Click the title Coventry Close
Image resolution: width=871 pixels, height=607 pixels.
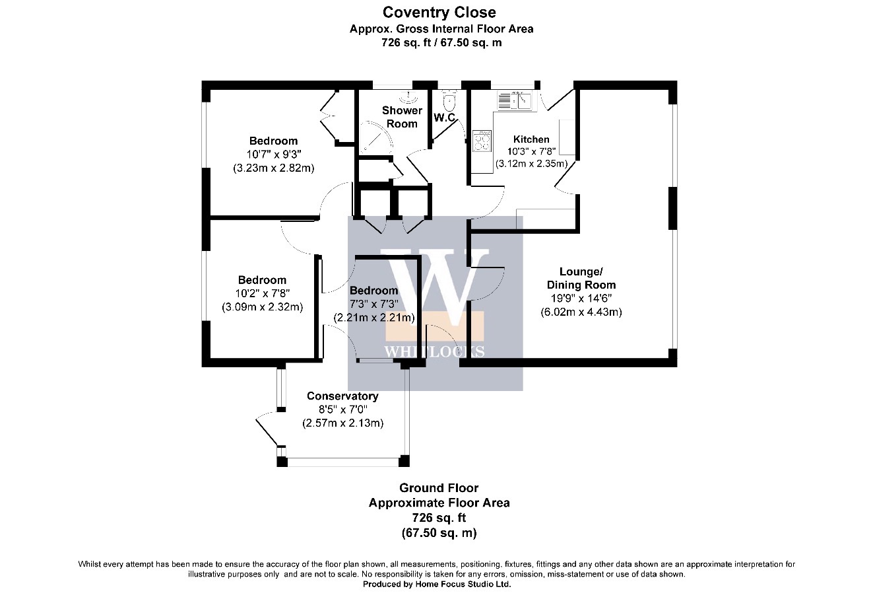tap(439, 13)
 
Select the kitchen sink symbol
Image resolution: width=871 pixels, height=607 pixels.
tap(515, 101)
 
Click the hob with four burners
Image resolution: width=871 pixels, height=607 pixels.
tap(482, 141)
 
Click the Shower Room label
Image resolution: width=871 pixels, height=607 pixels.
tap(402, 117)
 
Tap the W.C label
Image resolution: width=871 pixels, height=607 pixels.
tap(445, 118)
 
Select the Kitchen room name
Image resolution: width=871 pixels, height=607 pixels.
tap(531, 139)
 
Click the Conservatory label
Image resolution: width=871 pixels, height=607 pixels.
tap(342, 396)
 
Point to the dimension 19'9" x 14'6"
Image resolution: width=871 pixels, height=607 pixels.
tap(581, 299)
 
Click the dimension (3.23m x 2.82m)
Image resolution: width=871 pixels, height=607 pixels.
tap(274, 168)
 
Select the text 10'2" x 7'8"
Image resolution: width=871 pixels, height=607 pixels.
tap(262, 293)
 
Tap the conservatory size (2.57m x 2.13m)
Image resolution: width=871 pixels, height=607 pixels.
tap(343, 423)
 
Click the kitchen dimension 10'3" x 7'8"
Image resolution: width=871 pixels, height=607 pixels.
tap(532, 151)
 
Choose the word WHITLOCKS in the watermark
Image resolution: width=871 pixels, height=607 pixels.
tap(434, 352)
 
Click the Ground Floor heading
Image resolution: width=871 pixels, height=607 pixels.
tap(439, 488)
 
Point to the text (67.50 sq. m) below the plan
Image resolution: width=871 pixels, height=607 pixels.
tap(439, 532)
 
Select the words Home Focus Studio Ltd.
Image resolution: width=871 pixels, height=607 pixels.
tap(463, 585)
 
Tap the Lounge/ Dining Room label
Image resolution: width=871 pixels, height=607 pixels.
tap(581, 278)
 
